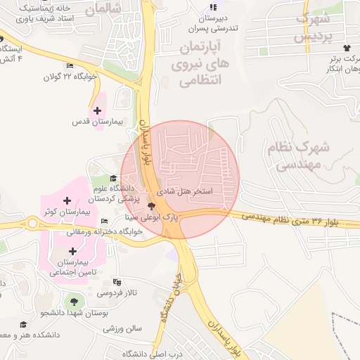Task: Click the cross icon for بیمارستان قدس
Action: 96,110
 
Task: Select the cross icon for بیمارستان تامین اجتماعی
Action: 72,251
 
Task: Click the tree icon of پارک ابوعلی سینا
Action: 152,206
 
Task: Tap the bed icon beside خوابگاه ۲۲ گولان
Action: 69,67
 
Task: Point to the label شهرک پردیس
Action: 310,28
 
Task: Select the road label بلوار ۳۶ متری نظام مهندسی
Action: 295,220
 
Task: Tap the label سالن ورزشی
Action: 123,328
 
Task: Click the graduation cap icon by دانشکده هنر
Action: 23,325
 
